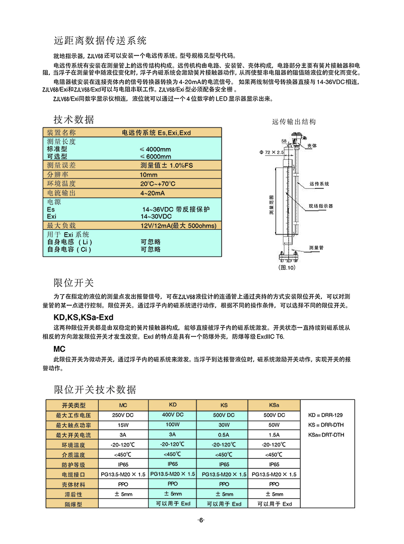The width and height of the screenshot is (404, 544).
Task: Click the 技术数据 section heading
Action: (x=74, y=119)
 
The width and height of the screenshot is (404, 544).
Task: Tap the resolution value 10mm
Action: (x=149, y=174)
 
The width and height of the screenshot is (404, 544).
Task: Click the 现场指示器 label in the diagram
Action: (x=321, y=206)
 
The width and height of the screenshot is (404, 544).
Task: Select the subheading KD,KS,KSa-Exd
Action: (x=84, y=317)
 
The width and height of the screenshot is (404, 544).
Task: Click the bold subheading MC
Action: (x=59, y=349)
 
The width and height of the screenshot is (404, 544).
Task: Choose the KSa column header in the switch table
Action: (x=274, y=405)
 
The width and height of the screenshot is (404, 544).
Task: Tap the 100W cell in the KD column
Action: (x=172, y=425)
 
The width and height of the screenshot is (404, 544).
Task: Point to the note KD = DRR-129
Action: (x=325, y=416)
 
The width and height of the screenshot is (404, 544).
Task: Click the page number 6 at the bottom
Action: (x=201, y=520)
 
